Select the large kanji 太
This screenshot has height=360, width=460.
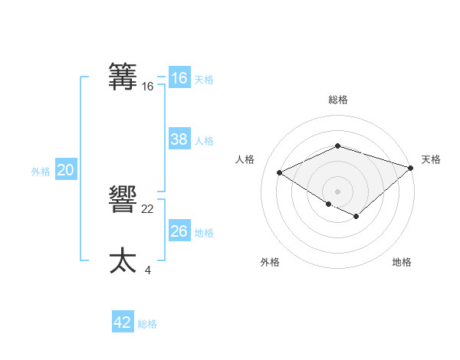click(x=123, y=260)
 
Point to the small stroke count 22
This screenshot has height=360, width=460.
click(x=148, y=209)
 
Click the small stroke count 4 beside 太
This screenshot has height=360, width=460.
click(x=147, y=270)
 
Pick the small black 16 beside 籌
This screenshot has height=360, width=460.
click(x=148, y=87)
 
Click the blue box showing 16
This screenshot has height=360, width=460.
click(x=179, y=78)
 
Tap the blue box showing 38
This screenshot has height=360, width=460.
click(x=179, y=139)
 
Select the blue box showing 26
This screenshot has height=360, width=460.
click(x=179, y=231)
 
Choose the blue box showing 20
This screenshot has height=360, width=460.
click(x=65, y=170)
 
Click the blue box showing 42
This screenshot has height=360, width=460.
click(x=123, y=322)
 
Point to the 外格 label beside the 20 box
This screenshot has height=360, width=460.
click(x=41, y=172)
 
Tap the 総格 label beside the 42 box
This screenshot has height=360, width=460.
click(x=147, y=324)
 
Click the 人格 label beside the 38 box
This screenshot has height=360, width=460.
click(x=204, y=141)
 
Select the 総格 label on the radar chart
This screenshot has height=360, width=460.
click(x=338, y=100)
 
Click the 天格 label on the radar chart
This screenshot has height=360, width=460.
click(x=431, y=159)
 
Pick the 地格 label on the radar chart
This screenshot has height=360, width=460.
click(x=402, y=262)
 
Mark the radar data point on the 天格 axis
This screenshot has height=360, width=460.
click(x=411, y=168)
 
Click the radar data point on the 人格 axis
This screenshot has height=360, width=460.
click(x=280, y=173)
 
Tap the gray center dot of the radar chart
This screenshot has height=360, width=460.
click(x=337, y=191)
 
